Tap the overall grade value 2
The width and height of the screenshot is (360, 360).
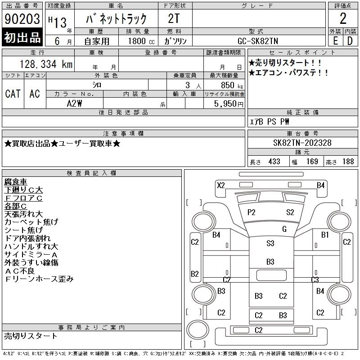tap(343, 19)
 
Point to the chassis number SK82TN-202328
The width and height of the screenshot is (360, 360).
tap(302, 143)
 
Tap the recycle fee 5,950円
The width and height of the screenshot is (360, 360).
tap(230, 103)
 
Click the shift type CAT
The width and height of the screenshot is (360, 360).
tap(13, 94)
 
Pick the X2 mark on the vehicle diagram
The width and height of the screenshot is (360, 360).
tap(220, 185)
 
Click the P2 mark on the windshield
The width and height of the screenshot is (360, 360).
tap(251, 212)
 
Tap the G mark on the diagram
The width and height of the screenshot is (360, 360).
tap(284, 229)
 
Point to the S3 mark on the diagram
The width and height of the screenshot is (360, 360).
tap(270, 243)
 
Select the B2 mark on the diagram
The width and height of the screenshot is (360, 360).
tap(195, 274)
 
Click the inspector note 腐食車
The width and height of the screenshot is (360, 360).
tap(16, 182)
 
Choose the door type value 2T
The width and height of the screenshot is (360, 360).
tap(175, 18)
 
